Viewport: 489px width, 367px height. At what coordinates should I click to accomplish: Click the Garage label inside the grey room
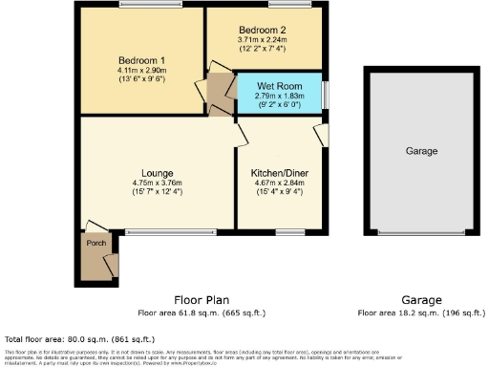tap(421, 152)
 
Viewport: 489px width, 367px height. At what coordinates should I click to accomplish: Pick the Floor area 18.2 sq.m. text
tap(421, 313)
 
